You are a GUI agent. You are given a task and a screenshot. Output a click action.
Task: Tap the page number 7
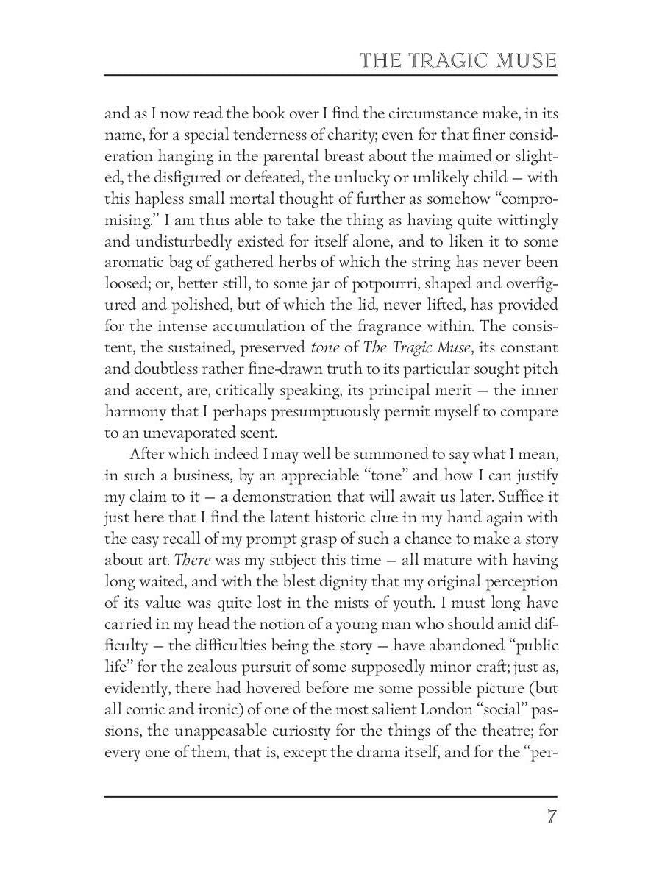pyautogui.click(x=551, y=818)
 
